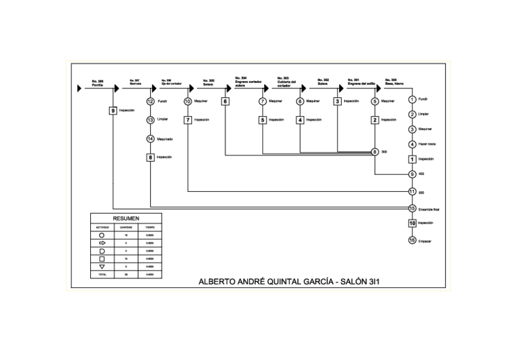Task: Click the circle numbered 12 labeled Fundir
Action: click(150, 102)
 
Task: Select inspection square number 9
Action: click(112, 111)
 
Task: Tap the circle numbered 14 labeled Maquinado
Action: click(150, 139)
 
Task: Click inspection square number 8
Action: click(150, 157)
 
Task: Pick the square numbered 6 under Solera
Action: click(225, 102)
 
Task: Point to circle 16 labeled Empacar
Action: click(412, 241)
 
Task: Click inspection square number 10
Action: click(412, 223)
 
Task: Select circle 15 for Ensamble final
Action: click(412, 209)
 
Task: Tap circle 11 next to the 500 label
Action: click(412, 192)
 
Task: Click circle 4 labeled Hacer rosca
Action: click(412, 144)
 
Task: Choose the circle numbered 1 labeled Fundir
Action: click(412, 99)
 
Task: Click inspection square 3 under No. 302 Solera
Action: click(337, 102)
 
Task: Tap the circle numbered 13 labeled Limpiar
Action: click(150, 120)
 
